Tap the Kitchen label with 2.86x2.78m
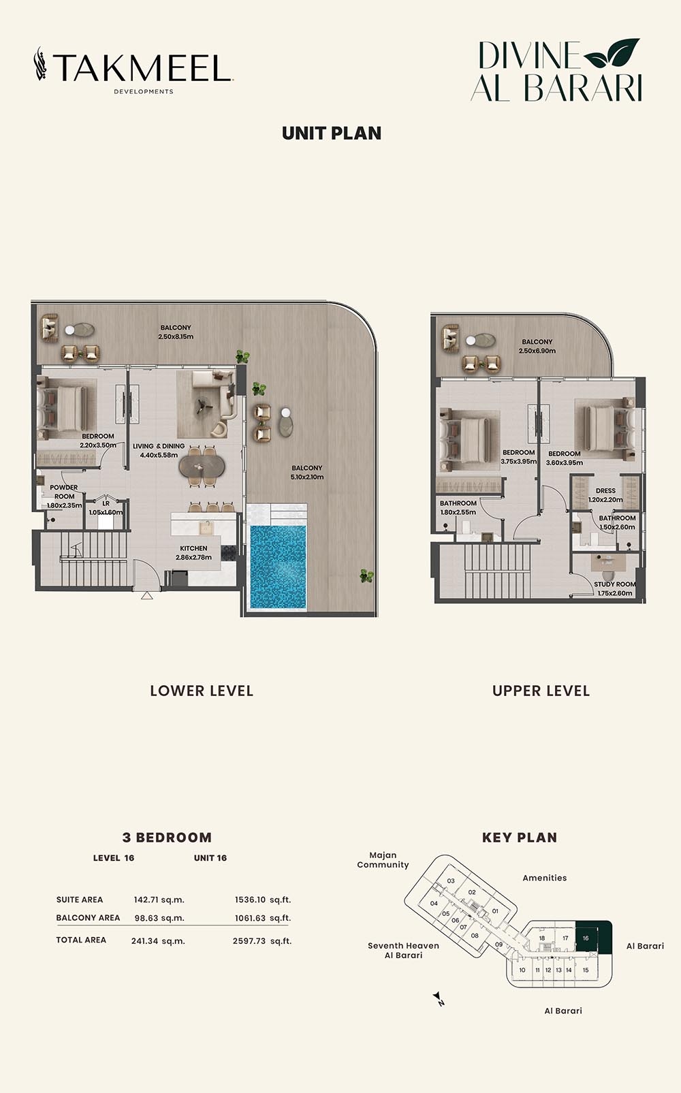point(193,552)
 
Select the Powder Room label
point(64,492)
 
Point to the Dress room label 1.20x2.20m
point(605,494)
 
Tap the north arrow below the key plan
point(439,999)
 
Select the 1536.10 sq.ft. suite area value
point(262,900)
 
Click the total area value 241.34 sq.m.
point(158,941)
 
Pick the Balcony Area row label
point(88,918)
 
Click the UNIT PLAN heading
point(332,133)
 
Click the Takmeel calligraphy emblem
point(41,65)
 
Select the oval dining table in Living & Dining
point(202,466)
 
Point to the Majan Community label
point(383,860)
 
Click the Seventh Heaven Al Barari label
point(403,951)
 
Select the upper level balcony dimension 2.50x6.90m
point(537,351)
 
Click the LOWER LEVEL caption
point(202,691)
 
